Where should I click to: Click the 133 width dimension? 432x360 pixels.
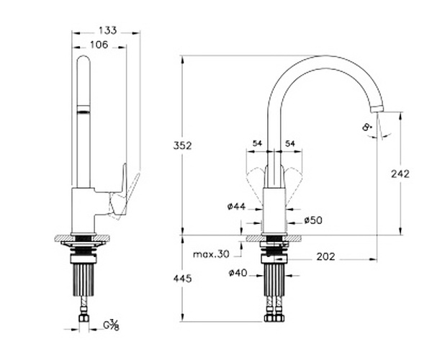[108, 30]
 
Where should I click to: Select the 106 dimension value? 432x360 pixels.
[99, 45]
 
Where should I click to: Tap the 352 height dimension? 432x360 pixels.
[182, 145]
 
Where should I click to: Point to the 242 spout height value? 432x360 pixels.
[400, 174]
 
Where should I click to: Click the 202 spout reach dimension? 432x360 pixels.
[325, 257]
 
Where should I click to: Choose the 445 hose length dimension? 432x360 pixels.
[182, 279]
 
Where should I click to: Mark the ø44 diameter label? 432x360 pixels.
[236, 207]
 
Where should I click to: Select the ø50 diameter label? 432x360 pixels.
[313, 220]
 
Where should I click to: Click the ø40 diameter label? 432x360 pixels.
[238, 273]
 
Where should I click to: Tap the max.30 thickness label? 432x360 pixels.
[211, 254]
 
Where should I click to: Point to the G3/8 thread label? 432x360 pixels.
[112, 325]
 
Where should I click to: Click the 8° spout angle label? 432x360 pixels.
[367, 127]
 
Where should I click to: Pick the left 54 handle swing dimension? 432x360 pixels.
[257, 143]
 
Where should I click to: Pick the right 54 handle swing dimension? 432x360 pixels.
[290, 143]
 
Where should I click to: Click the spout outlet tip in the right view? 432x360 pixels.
[377, 109]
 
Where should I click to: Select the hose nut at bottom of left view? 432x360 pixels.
[84, 318]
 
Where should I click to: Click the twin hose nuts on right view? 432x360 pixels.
[274, 318]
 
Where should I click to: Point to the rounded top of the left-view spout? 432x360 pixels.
[84, 60]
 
